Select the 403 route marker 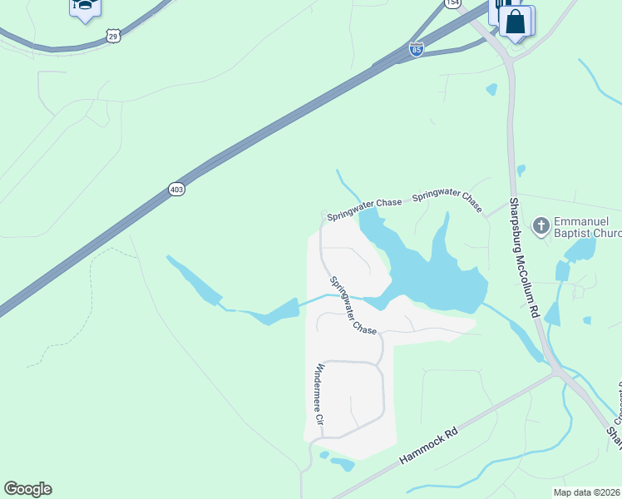tap(175, 189)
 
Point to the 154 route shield tap(452, 3)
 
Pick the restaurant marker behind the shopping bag tap(502, 8)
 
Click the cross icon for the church tap(541, 225)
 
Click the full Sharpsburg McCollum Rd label tap(525, 257)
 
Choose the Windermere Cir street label tap(319, 400)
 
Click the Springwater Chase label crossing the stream tap(353, 306)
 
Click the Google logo tap(27, 489)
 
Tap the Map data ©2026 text tap(586, 492)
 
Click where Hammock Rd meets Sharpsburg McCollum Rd tap(555, 373)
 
